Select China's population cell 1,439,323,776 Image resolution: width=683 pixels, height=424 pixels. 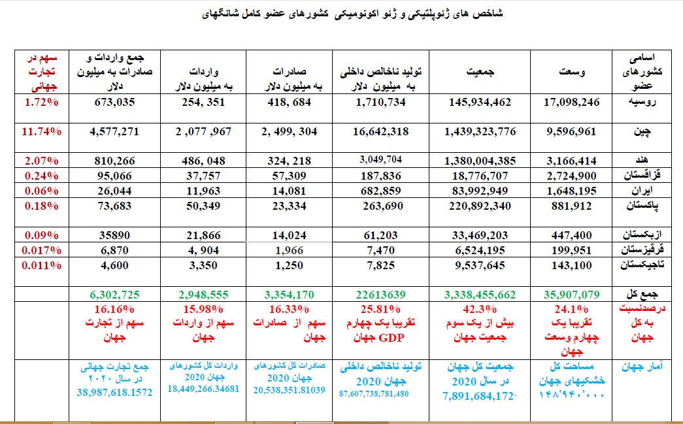[480, 131]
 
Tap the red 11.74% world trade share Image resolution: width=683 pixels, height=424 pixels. [41, 131]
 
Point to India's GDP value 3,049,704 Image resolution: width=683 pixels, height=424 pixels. [382, 159]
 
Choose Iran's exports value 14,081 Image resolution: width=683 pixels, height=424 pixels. [289, 191]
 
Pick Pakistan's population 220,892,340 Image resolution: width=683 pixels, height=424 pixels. [480, 206]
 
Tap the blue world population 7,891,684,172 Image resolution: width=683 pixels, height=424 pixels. [480, 395]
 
